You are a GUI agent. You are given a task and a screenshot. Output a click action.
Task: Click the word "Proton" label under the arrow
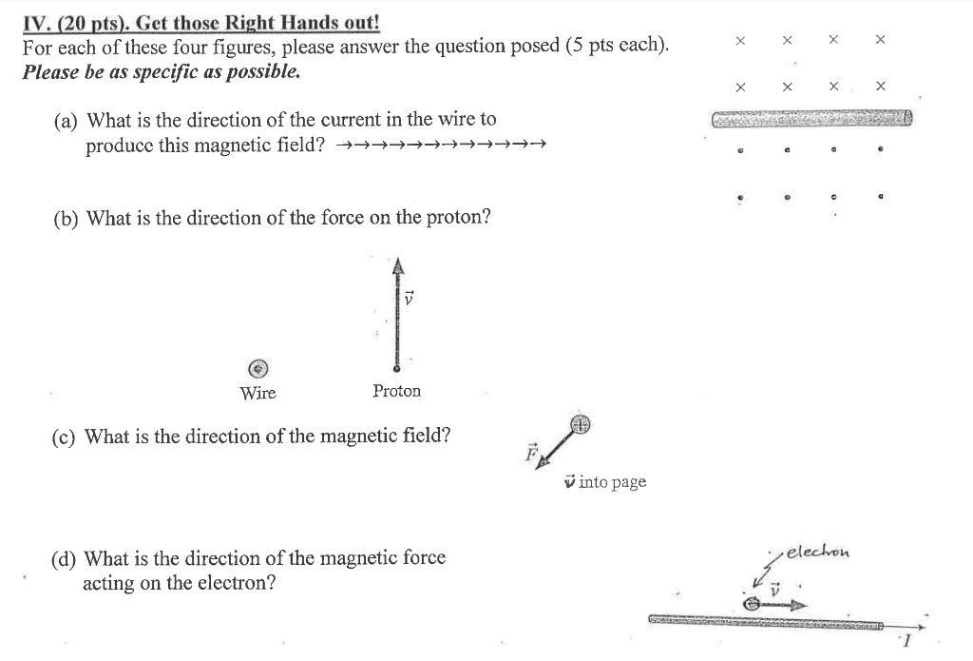(396, 391)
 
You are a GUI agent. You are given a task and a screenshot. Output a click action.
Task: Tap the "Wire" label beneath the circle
(258, 393)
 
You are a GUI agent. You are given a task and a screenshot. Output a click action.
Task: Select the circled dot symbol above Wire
(258, 368)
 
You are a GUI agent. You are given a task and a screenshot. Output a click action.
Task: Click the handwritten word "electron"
(819, 551)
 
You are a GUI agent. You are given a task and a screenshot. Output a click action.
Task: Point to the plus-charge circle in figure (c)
(581, 424)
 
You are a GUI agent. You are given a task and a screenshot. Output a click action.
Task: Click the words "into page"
(613, 482)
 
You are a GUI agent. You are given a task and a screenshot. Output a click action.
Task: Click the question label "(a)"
(67, 120)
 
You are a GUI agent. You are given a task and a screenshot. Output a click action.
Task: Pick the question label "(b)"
(67, 218)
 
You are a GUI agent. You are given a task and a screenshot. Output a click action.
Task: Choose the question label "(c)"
(66, 437)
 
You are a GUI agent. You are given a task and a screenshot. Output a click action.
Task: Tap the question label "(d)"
(66, 558)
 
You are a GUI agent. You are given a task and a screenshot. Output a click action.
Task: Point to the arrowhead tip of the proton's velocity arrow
(399, 262)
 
